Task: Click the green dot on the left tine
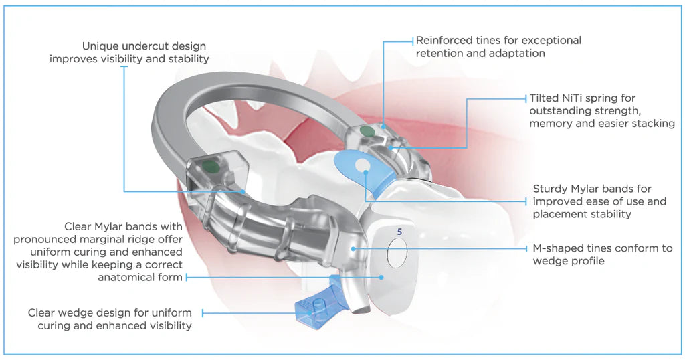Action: [x=211, y=165]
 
